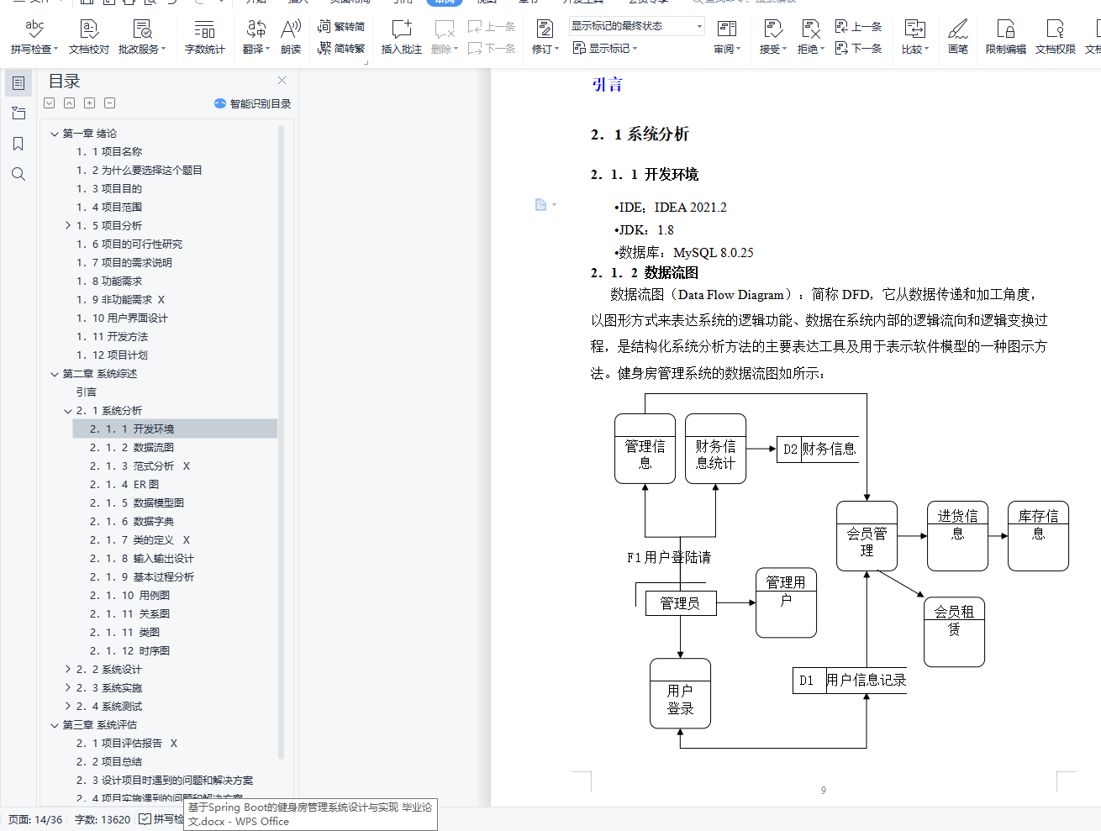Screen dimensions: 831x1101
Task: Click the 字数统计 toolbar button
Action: pyautogui.click(x=204, y=37)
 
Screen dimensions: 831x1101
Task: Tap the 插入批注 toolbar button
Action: pyautogui.click(x=401, y=37)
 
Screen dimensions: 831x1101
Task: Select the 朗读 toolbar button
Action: pyautogui.click(x=291, y=37)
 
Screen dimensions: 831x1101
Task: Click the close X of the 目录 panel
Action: pyautogui.click(x=282, y=81)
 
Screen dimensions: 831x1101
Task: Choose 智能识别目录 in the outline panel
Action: pyautogui.click(x=253, y=103)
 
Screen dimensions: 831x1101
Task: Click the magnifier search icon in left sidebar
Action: pyautogui.click(x=18, y=174)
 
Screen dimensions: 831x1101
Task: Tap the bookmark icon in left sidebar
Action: pyautogui.click(x=18, y=144)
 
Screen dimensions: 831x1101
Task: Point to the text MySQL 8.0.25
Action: pyautogui.click(x=713, y=252)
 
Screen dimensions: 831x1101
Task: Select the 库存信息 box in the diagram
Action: pyautogui.click(x=1038, y=536)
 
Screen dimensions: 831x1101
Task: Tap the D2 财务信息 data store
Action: pyautogui.click(x=818, y=449)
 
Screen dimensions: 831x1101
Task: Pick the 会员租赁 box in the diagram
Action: pyautogui.click(x=954, y=631)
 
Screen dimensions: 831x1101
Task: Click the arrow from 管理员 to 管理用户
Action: pyautogui.click(x=736, y=602)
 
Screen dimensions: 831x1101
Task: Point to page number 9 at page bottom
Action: pyautogui.click(x=824, y=790)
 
